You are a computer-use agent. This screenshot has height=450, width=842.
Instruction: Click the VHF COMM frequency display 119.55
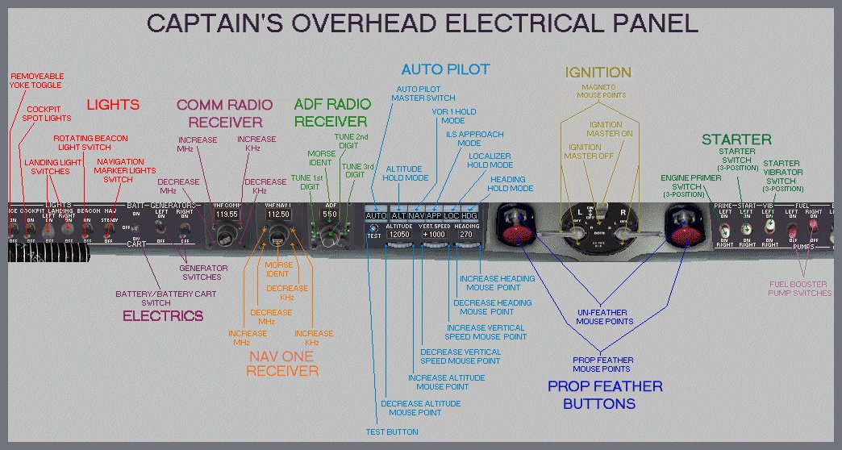click(226, 215)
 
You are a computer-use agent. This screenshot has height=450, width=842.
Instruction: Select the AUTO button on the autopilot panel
click(376, 216)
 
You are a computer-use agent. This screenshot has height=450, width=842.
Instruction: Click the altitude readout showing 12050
click(400, 235)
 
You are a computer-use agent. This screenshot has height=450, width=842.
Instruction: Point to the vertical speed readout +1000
click(435, 235)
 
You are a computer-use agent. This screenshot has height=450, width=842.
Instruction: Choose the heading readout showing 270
click(468, 235)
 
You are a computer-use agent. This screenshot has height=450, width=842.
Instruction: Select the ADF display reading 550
click(329, 215)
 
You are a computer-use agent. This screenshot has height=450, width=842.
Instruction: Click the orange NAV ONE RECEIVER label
click(282, 362)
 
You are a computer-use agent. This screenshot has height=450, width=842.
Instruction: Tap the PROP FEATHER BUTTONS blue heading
click(605, 395)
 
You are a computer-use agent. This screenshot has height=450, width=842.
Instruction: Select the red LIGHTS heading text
click(113, 105)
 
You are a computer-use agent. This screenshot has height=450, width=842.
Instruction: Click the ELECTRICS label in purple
click(163, 316)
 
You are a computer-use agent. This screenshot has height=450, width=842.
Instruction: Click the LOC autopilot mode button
click(451, 216)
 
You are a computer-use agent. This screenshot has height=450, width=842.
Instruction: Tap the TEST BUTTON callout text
click(391, 432)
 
